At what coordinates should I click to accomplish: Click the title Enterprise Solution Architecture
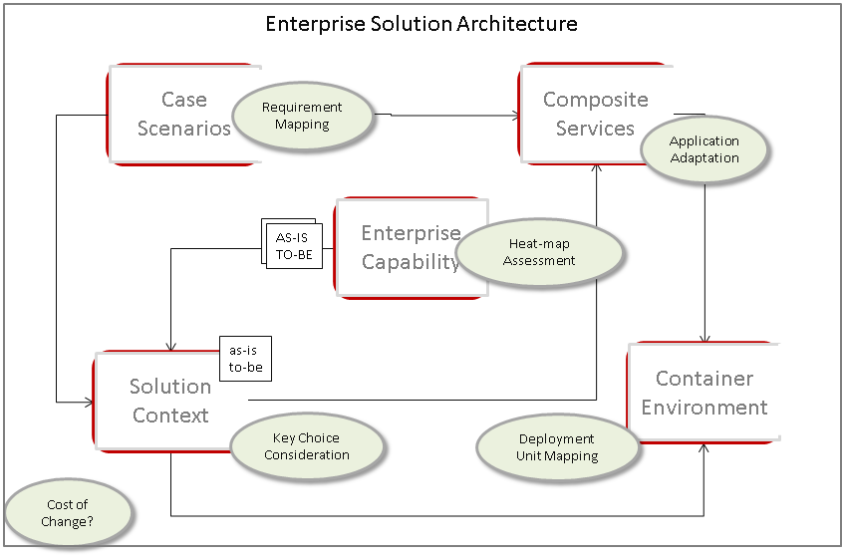click(x=421, y=24)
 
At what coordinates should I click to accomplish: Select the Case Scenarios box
click(x=169, y=114)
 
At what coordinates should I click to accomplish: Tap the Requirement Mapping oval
click(x=301, y=116)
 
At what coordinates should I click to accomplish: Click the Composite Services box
click(x=595, y=114)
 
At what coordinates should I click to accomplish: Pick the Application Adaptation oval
click(x=703, y=149)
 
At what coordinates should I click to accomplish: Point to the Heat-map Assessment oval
click(x=539, y=252)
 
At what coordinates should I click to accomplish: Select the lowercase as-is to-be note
click(x=245, y=358)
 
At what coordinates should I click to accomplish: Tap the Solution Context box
click(x=164, y=401)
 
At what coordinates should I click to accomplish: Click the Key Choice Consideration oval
click(x=307, y=446)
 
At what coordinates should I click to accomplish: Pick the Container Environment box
click(x=703, y=393)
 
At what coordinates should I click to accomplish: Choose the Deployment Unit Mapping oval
click(x=557, y=447)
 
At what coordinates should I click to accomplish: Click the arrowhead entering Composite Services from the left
click(x=515, y=116)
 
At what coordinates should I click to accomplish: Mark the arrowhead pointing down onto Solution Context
click(x=171, y=347)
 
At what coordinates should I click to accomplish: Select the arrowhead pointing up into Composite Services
click(x=596, y=168)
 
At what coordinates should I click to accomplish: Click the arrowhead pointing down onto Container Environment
click(x=705, y=340)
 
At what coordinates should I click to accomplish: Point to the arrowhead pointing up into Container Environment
click(x=704, y=448)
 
